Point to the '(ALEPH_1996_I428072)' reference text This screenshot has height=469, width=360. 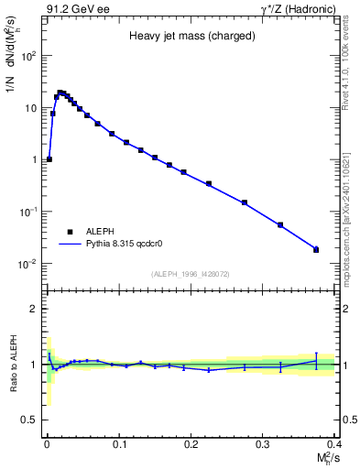(x=190, y=273)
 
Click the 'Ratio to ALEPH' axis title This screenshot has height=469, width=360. (x=14, y=364)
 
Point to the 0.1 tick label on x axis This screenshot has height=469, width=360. (x=118, y=443)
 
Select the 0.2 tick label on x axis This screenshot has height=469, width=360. (x=191, y=443)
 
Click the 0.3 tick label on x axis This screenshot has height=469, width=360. (x=263, y=443)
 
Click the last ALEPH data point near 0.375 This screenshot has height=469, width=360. (x=316, y=249)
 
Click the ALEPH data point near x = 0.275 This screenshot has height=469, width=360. (x=245, y=202)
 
